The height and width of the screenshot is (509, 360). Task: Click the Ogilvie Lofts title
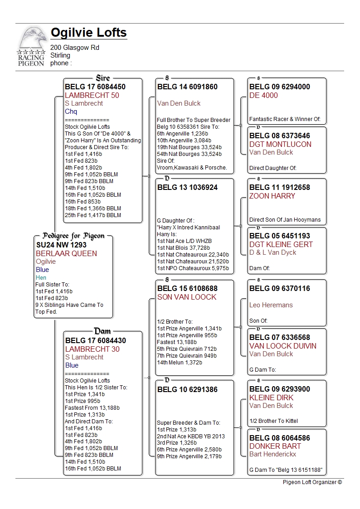(88, 33)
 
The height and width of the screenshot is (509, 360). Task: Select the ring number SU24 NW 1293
(61, 245)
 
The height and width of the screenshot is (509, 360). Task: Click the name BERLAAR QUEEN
(66, 253)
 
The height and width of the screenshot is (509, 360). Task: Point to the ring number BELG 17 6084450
(95, 87)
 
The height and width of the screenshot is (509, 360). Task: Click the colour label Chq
(71, 111)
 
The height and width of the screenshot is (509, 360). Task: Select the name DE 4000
(263, 95)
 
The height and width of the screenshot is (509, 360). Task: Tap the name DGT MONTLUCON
(280, 144)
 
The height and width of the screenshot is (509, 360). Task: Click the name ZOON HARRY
(272, 196)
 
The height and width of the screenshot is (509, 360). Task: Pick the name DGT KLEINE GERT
(281, 244)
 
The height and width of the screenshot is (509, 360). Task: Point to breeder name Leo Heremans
(271, 305)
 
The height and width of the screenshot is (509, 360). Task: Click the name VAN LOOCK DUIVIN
(283, 346)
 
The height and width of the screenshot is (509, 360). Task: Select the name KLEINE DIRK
(272, 398)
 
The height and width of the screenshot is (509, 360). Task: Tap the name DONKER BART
(275, 446)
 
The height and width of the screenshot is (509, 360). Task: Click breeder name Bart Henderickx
(272, 454)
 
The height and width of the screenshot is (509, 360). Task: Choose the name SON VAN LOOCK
(187, 297)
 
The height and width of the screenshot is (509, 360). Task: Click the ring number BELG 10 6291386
(187, 389)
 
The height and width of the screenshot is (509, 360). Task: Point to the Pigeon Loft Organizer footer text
(312, 482)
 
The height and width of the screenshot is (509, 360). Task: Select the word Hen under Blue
(41, 277)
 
